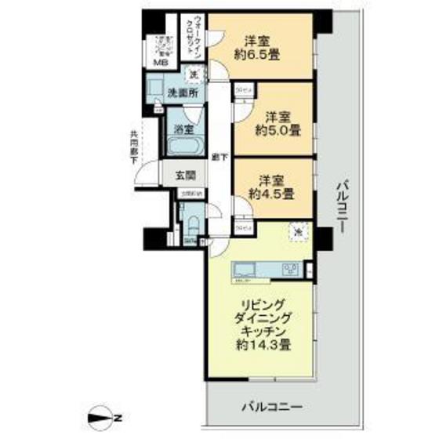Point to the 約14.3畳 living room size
[262, 343]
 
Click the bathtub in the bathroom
[185, 147]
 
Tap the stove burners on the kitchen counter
[291, 270]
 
